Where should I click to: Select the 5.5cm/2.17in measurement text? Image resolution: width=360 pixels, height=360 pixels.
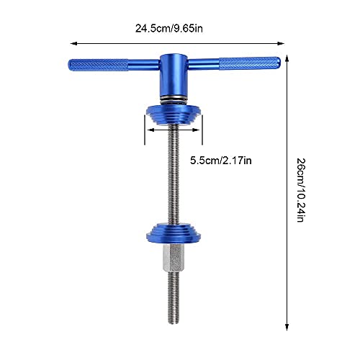pyautogui.click(x=220, y=160)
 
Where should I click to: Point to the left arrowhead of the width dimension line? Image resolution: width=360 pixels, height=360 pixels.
pyautogui.click(x=71, y=43)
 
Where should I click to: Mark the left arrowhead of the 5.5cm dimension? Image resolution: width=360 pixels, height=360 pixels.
pyautogui.click(x=146, y=132)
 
